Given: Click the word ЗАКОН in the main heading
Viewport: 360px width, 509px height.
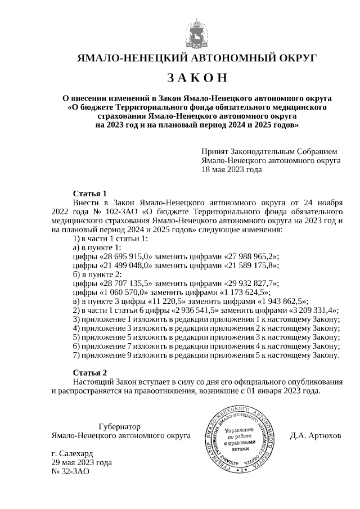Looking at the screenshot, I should (197, 77).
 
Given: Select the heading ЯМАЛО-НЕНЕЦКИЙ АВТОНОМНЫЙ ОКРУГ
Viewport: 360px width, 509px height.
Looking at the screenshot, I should (197, 57).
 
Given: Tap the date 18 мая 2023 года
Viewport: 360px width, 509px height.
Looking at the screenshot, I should (231, 169).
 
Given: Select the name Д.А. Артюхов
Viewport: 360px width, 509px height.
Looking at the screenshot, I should (316, 435).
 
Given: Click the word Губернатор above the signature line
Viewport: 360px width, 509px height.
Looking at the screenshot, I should (119, 426).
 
